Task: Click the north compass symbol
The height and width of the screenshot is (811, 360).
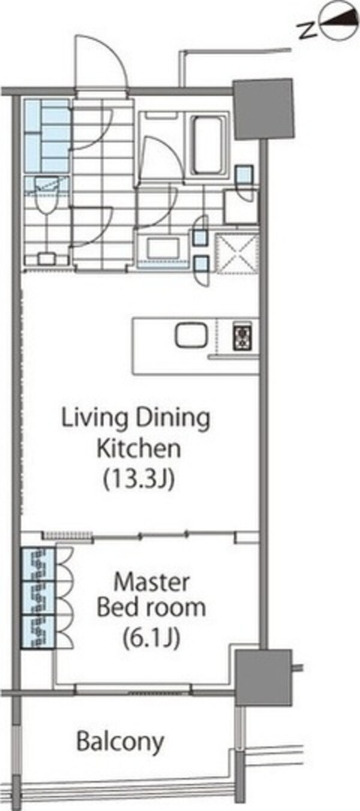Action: click(340, 22)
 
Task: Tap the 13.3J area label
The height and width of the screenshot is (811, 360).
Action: click(139, 479)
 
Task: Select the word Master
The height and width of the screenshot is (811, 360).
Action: click(151, 582)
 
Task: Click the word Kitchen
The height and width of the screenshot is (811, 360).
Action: click(139, 448)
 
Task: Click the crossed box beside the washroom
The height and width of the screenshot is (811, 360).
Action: click(237, 254)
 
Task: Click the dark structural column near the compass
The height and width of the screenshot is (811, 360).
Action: click(263, 109)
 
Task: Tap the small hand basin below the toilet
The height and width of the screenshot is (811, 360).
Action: click(46, 259)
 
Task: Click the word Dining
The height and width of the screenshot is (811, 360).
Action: click(173, 419)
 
